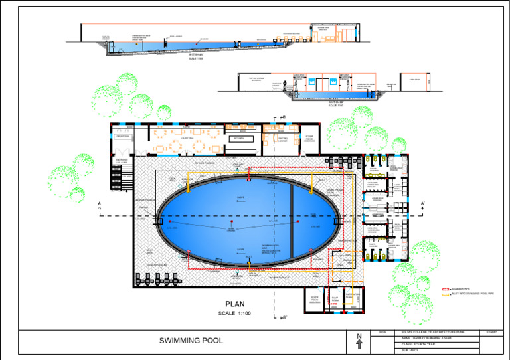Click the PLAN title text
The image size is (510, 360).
(x=234, y=304)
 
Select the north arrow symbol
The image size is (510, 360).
(x=359, y=341)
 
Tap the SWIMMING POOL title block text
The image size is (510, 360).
(x=191, y=341)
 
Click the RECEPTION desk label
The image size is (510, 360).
(x=124, y=136)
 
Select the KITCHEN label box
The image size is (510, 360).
(x=239, y=138)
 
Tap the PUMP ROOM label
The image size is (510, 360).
(x=335, y=300)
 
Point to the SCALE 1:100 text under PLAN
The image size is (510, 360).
(x=234, y=313)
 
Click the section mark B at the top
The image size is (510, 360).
(x=284, y=118)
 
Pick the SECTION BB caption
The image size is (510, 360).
(x=335, y=102)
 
